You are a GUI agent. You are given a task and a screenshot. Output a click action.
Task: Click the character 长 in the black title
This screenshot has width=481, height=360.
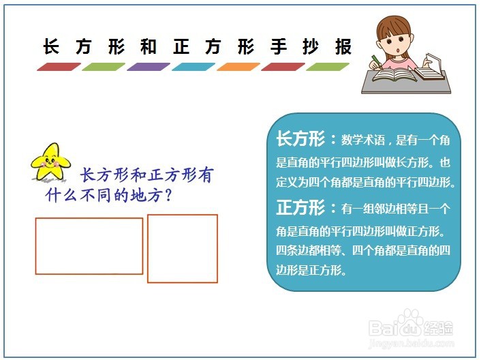pos(51,46)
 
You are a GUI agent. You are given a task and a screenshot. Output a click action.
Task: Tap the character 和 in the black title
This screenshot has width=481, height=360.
pos(148,46)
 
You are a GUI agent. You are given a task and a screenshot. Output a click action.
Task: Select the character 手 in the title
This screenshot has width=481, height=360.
pos(278,46)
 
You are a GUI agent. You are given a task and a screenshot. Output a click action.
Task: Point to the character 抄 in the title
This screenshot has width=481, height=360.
pos(311,46)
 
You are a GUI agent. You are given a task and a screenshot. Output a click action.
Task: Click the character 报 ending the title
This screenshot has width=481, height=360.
pos(343,46)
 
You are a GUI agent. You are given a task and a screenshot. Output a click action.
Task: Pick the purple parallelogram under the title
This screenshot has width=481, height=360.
pos(149,67)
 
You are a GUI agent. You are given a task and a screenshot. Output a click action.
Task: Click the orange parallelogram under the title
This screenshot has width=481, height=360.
pos(238,67)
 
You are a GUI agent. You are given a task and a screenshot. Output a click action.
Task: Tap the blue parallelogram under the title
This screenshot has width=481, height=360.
pos(193,67)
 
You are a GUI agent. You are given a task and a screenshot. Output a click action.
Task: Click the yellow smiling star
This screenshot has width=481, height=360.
pos(50,162)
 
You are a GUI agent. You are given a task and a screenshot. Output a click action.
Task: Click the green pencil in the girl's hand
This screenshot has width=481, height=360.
pos(376,61)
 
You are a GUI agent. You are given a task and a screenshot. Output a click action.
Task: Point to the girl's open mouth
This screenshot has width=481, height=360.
pos(398,50)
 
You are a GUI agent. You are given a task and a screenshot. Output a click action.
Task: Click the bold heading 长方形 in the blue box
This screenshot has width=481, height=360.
pos(300,139)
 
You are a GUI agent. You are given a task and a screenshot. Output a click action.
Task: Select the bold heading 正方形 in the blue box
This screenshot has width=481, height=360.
pos(300,208)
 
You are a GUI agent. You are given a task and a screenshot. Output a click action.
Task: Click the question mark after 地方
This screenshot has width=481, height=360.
pos(168,195)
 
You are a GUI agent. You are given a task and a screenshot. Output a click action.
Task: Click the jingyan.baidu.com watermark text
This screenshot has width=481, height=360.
pos(410,342)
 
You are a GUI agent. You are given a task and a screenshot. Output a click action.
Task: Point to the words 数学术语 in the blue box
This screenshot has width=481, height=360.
pos(363,140)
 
